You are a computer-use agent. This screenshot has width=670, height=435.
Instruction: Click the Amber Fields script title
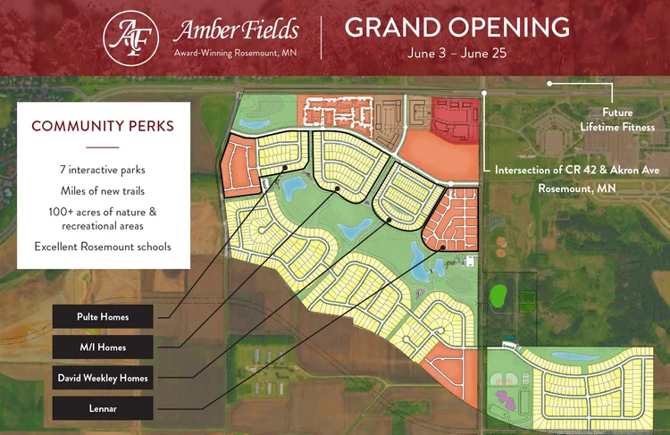(236, 29)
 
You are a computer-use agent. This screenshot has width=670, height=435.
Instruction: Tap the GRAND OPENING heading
(456, 27)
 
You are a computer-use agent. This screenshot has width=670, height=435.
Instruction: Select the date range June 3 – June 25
(456, 53)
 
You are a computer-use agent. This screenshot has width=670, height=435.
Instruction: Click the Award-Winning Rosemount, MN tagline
(236, 54)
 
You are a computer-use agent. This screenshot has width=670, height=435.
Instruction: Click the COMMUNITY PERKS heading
(103, 126)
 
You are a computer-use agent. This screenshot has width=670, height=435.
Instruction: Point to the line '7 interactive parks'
(103, 170)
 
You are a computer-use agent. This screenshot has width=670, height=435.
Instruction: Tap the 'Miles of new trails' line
(103, 190)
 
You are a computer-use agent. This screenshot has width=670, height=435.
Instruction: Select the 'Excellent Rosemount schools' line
(103, 246)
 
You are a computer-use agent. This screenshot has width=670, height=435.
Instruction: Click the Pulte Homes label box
(103, 316)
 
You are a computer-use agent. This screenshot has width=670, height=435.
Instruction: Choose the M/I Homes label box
(103, 347)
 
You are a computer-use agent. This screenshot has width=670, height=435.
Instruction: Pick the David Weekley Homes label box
(103, 378)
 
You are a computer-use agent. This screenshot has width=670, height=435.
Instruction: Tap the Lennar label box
(103, 408)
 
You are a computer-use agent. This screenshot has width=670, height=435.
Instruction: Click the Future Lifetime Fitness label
(616, 121)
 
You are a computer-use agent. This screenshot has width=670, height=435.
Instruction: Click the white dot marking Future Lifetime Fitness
(549, 83)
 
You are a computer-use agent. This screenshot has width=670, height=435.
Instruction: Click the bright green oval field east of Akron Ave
(498, 294)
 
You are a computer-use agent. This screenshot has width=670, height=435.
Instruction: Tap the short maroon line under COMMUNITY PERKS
(103, 146)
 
